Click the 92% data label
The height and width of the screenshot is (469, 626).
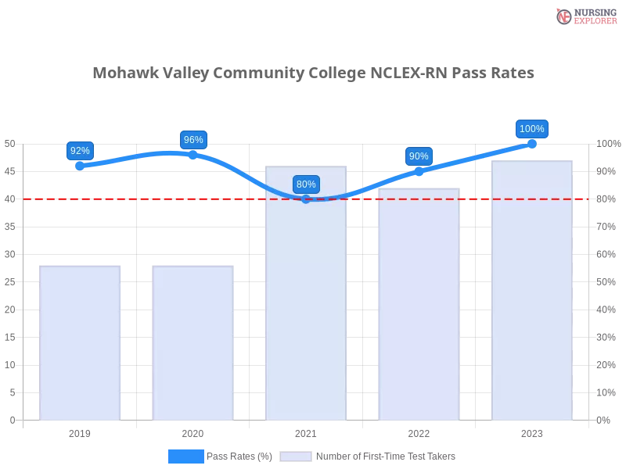click(80, 151)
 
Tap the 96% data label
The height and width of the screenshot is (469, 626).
click(193, 140)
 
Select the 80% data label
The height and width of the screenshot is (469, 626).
click(306, 184)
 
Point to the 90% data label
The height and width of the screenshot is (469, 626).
click(419, 156)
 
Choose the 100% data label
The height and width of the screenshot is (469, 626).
click(532, 129)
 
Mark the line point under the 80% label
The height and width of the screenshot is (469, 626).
click(306, 199)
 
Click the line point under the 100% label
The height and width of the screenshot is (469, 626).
click(532, 143)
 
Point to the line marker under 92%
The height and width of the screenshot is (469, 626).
click(80, 166)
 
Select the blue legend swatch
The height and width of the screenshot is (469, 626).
click(186, 456)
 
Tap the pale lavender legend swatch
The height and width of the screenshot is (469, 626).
click(296, 456)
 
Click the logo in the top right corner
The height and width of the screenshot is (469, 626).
click(585, 16)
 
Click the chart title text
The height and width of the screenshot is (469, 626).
click(313, 73)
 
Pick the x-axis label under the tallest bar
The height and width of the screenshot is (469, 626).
click(532, 431)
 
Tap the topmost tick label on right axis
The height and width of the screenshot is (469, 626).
click(606, 143)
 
